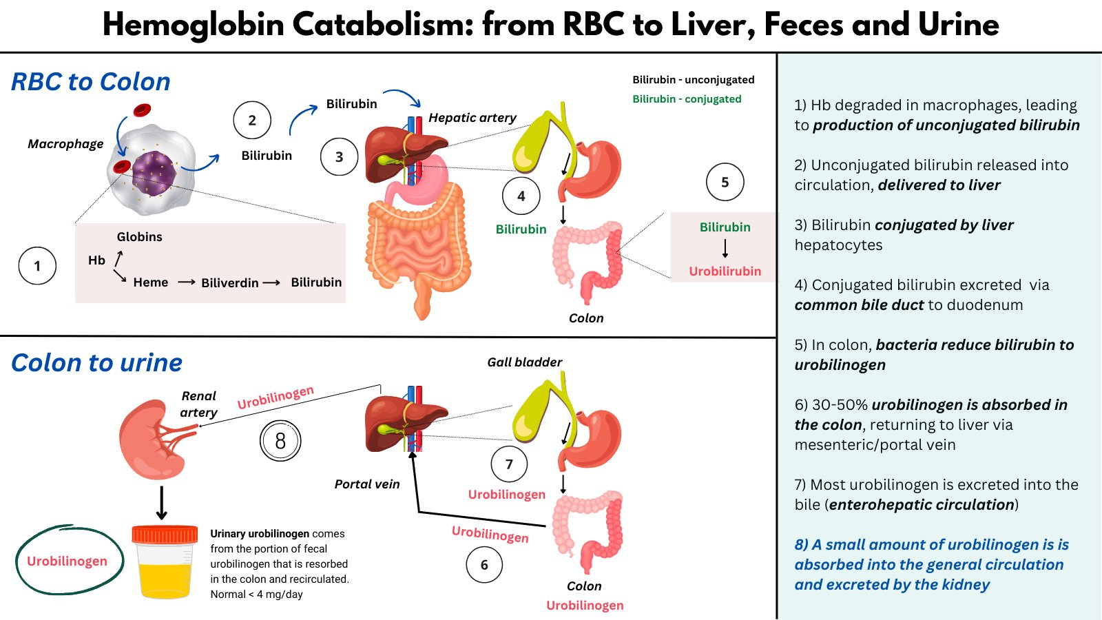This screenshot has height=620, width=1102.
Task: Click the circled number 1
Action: tap(37, 266)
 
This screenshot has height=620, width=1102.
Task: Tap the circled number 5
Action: tap(725, 182)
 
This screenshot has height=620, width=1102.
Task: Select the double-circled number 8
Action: tap(280, 441)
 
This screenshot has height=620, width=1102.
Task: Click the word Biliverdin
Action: tap(229, 282)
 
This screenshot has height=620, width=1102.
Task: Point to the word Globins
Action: tap(139, 236)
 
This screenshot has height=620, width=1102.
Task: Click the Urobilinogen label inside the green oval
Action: tap(67, 561)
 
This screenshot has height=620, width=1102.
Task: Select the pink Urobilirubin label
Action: tap(725, 271)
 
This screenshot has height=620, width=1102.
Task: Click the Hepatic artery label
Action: tap(472, 118)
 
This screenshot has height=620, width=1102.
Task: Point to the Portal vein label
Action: tap(366, 484)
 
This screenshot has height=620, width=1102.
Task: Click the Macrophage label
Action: tap(65, 144)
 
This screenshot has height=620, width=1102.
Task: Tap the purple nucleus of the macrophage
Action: tap(154, 173)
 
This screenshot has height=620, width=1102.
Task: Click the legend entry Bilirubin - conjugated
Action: tap(687, 99)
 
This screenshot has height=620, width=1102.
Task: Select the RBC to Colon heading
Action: tap(91, 82)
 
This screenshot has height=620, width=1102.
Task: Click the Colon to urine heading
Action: tap(96, 363)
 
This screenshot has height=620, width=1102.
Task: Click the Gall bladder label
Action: tap(524, 362)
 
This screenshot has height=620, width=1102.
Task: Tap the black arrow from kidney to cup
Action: tap(161, 503)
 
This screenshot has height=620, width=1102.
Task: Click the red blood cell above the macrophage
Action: tap(142, 109)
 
